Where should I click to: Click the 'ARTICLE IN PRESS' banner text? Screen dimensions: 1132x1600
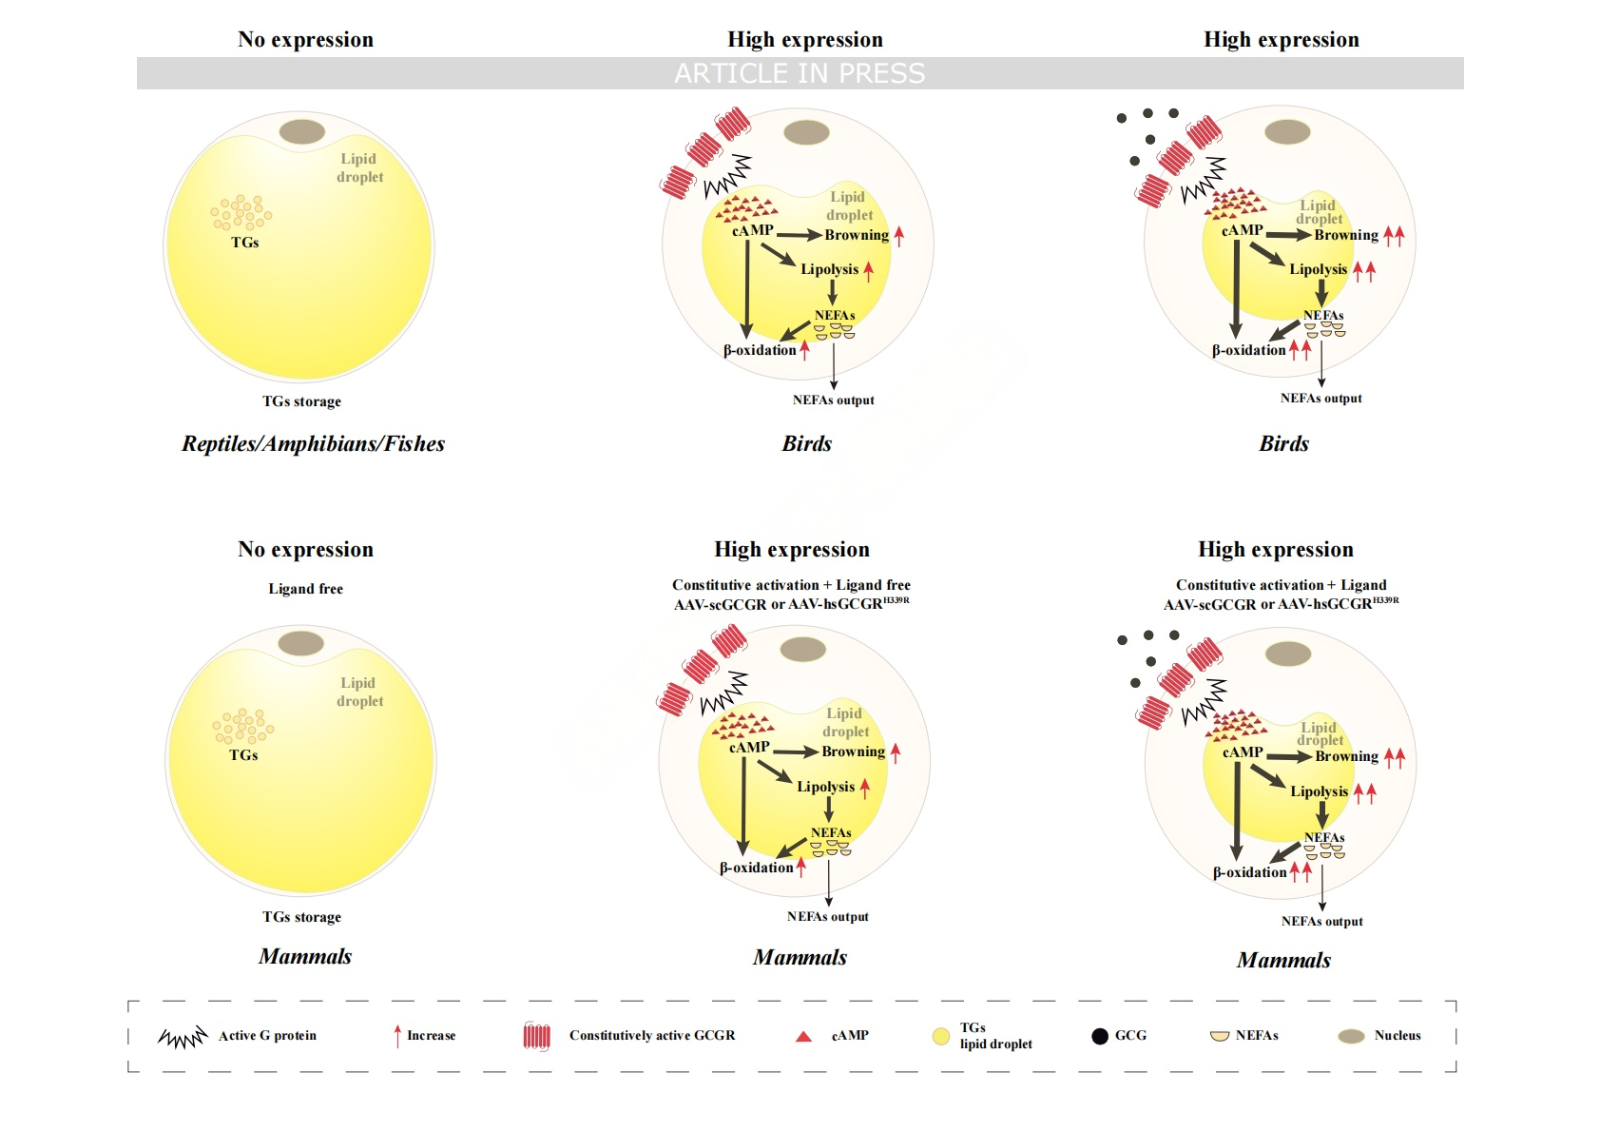click(x=800, y=73)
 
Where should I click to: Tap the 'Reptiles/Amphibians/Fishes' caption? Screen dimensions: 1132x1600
click(x=313, y=443)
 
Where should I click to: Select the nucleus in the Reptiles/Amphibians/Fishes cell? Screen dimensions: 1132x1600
click(x=302, y=131)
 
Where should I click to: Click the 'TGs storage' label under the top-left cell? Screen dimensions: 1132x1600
click(x=301, y=401)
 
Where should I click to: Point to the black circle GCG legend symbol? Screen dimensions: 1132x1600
click(x=1100, y=1037)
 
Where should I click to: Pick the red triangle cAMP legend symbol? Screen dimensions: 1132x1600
click(x=803, y=1037)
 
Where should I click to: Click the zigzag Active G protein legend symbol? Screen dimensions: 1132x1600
click(x=183, y=1037)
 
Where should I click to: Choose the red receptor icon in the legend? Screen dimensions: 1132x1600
click(x=536, y=1036)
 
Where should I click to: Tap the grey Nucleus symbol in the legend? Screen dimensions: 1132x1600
click(x=1351, y=1037)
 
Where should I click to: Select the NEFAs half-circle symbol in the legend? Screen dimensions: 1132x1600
click(x=1220, y=1037)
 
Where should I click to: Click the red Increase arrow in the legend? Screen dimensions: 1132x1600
click(x=397, y=1036)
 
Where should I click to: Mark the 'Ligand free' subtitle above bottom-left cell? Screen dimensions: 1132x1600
click(x=305, y=589)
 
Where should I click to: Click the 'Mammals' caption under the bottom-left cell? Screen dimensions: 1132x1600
click(x=305, y=956)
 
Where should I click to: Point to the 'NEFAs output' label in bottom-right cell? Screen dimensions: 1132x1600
click(x=1321, y=921)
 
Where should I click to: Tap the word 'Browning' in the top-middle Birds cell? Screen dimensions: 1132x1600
click(x=857, y=235)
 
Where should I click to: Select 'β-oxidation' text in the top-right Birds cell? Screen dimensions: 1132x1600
click(x=1248, y=350)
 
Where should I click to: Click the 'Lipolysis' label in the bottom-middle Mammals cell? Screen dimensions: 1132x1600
click(x=825, y=787)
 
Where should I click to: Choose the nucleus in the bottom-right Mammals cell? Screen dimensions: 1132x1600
click(x=1288, y=654)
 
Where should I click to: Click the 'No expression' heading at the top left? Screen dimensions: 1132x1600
click(x=305, y=39)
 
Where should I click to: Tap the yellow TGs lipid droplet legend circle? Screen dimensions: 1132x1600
click(x=941, y=1036)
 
